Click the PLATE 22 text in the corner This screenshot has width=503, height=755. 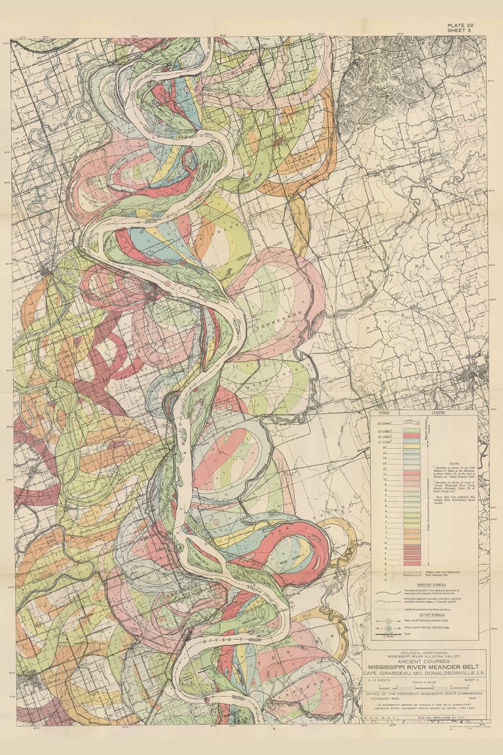tap(462, 25)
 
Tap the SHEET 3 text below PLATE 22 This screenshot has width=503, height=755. tap(461, 31)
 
